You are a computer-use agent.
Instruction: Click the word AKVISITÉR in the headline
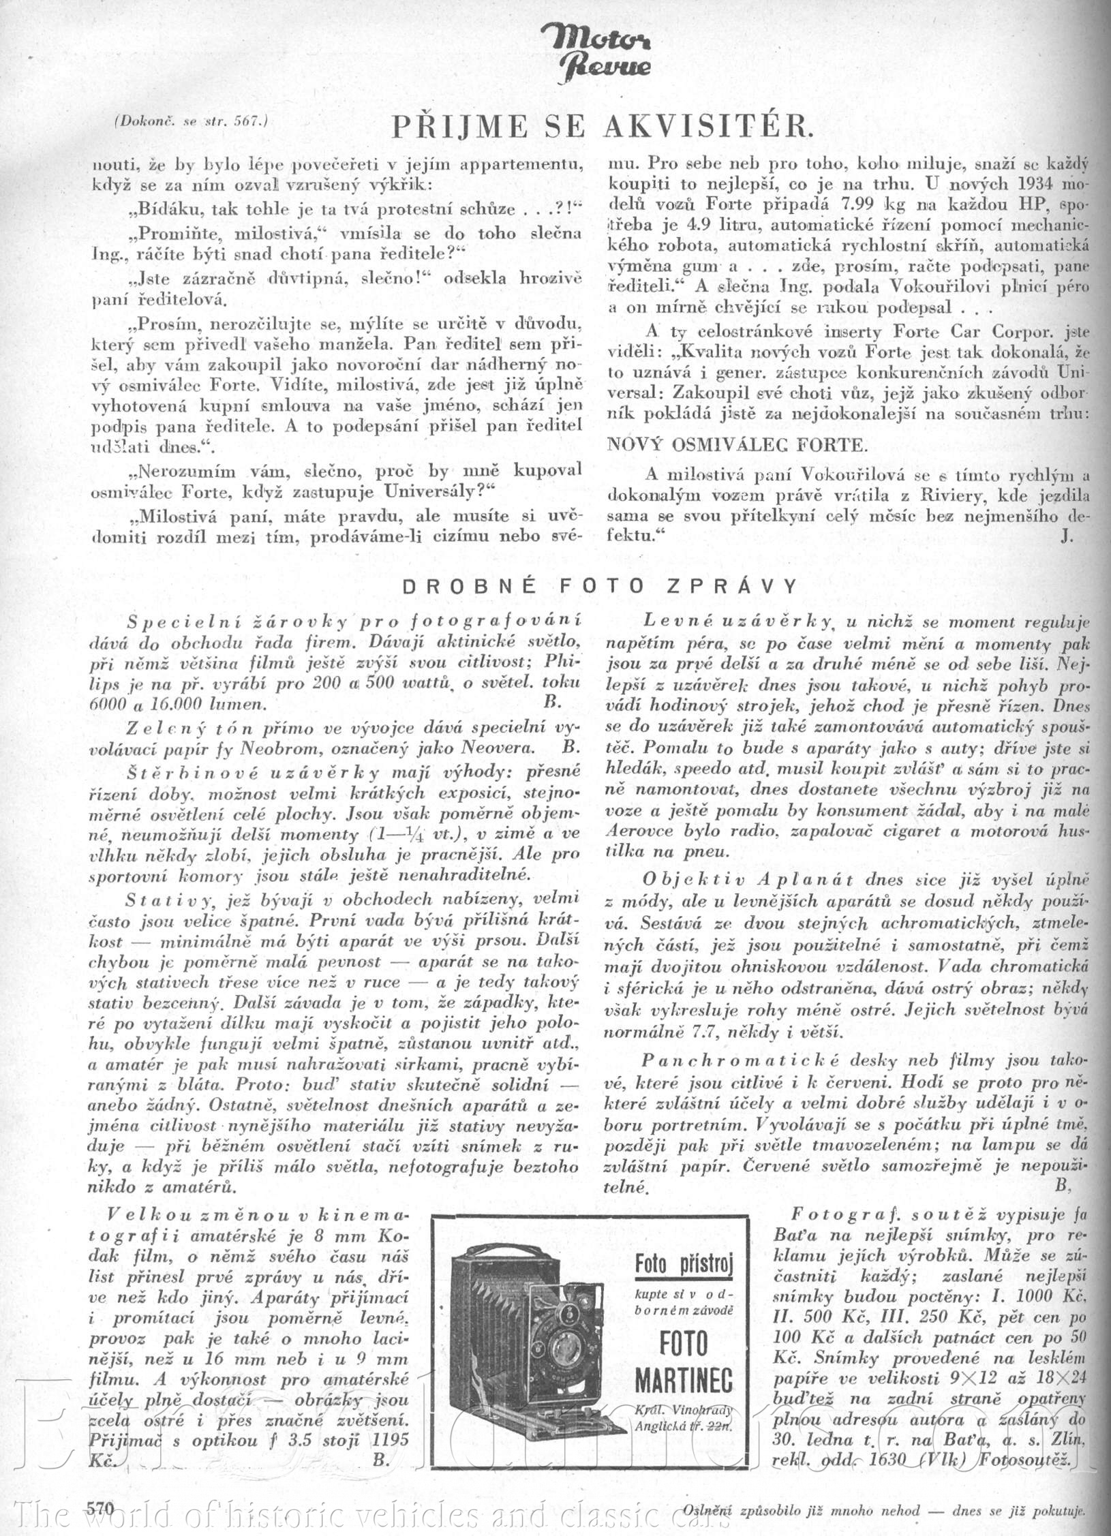(708, 127)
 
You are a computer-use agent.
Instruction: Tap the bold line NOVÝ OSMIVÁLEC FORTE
(737, 446)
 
